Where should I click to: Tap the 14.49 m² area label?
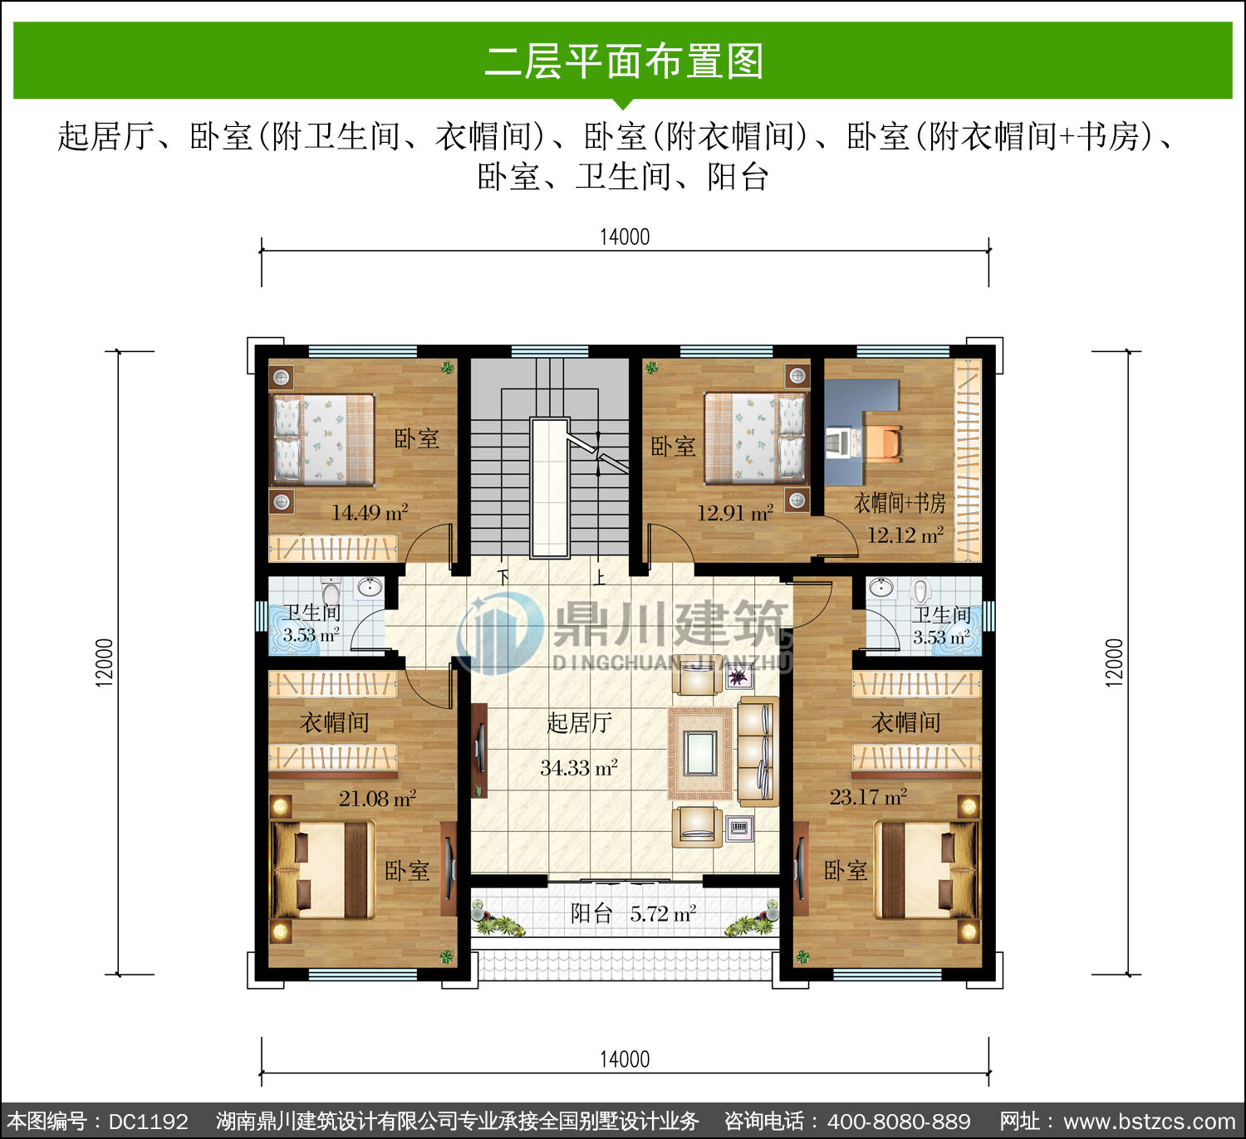pyautogui.click(x=370, y=512)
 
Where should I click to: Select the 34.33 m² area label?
pyautogui.click(x=579, y=768)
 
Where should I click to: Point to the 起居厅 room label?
pyautogui.click(x=579, y=723)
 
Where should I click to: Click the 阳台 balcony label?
pyautogui.click(x=591, y=913)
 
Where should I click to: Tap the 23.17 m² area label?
pyautogui.click(x=868, y=797)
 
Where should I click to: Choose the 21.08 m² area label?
pyautogui.click(x=377, y=799)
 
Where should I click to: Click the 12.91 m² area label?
pyautogui.click(x=735, y=513)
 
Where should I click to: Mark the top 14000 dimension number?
pyautogui.click(x=625, y=237)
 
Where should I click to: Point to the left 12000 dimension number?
pyautogui.click(x=105, y=662)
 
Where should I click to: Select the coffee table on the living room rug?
pyautogui.click(x=700, y=753)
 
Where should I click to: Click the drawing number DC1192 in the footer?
pyautogui.click(x=149, y=1121)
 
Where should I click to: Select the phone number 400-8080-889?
pyautogui.click(x=899, y=1121)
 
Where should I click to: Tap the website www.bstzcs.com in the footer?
pyautogui.click(x=1149, y=1121)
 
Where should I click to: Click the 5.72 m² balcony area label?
pyautogui.click(x=663, y=913)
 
